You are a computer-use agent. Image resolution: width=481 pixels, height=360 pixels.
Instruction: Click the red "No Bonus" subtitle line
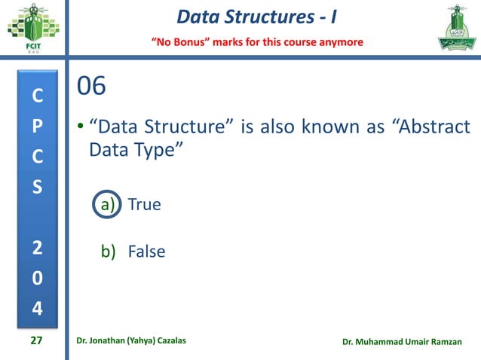pyautogui.click(x=259, y=41)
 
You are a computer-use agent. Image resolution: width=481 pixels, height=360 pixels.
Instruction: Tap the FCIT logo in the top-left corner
pyautogui.click(x=31, y=28)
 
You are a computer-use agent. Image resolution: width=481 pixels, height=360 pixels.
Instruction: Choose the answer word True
pyautogui.click(x=144, y=203)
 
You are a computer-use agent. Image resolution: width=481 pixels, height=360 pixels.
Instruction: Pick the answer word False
pyautogui.click(x=146, y=252)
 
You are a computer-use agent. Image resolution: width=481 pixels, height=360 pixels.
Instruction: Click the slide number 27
pyautogui.click(x=36, y=341)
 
